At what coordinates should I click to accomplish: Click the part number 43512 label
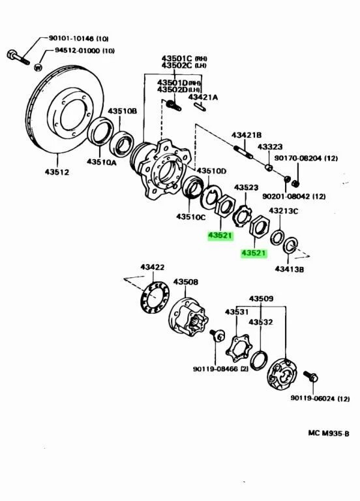pos(57,172)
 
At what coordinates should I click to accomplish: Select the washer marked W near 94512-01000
pos(38,67)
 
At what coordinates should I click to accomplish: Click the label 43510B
pos(122,111)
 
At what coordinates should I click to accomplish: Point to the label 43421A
pos(203,97)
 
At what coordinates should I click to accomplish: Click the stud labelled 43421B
pos(243,152)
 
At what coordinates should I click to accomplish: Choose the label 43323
pos(270,147)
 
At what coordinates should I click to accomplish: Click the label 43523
pos(247,188)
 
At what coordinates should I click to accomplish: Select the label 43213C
pos(283,211)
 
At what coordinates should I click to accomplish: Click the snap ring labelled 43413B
pos(291,245)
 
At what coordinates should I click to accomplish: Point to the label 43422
pos(153,267)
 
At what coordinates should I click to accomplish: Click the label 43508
pos(186,282)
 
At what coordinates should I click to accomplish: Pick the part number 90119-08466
pos(215,369)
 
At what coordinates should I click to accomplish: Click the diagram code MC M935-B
pos(329,433)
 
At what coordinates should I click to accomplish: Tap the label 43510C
pos(191,217)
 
